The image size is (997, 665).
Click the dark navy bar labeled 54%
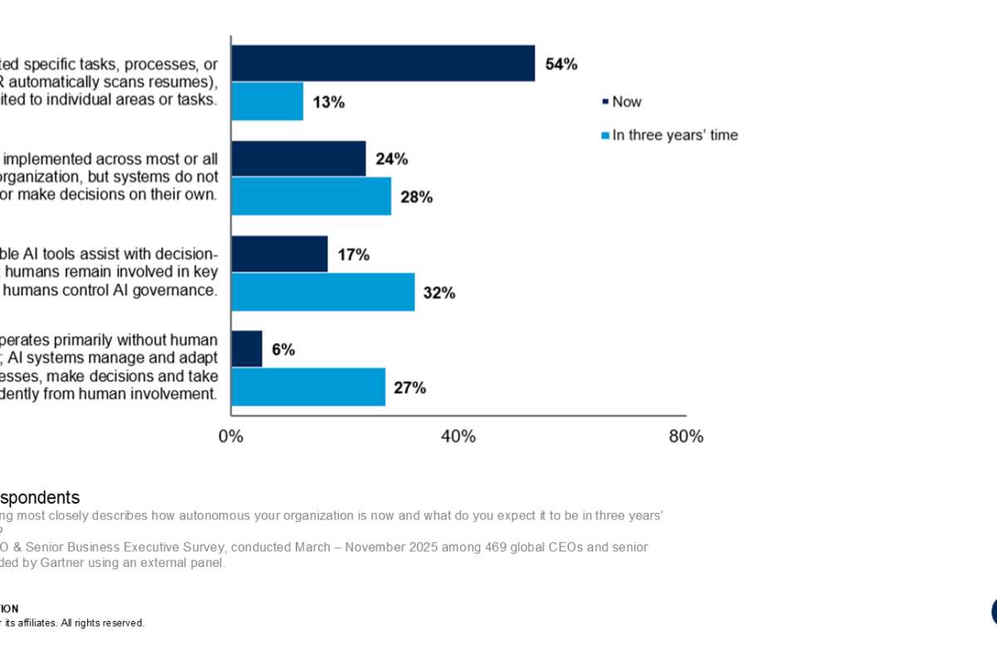click(x=382, y=63)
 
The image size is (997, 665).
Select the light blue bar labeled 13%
click(x=267, y=101)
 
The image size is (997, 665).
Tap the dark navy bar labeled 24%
click(x=298, y=159)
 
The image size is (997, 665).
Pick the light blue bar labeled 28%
click(x=311, y=197)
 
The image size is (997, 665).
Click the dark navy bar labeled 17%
click(x=279, y=254)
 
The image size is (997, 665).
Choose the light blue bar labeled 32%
click(x=322, y=293)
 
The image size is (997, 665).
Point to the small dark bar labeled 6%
click(x=247, y=349)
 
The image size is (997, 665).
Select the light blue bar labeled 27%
click(x=308, y=387)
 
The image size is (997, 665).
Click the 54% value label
click(x=561, y=64)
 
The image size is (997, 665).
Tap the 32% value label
click(x=439, y=293)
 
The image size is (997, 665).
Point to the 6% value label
click(x=282, y=350)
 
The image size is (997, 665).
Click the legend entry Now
click(x=626, y=102)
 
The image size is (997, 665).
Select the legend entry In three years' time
click(x=674, y=135)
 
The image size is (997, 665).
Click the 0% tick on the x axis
click(x=231, y=436)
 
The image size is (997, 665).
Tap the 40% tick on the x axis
click(x=458, y=436)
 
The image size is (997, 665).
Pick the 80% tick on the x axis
click(x=685, y=436)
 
